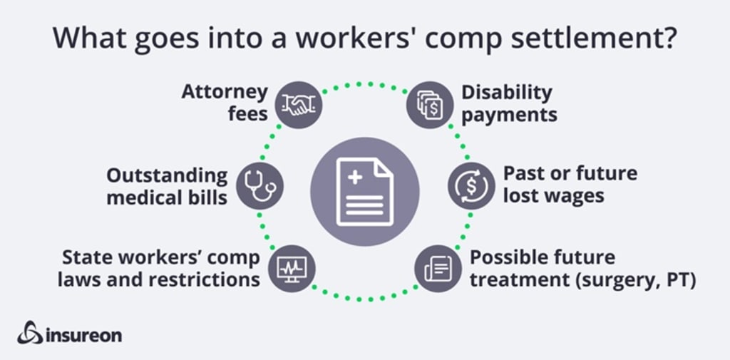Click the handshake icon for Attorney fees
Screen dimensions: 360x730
pos(298,106)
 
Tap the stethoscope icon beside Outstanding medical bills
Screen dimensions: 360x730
pos(259,185)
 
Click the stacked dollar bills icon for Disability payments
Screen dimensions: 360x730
pos(430,105)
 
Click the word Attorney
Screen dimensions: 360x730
pos(225,92)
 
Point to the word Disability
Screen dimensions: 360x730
pos(507,92)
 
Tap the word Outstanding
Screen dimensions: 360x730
pos(168,175)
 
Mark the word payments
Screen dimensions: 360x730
pos(509,114)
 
